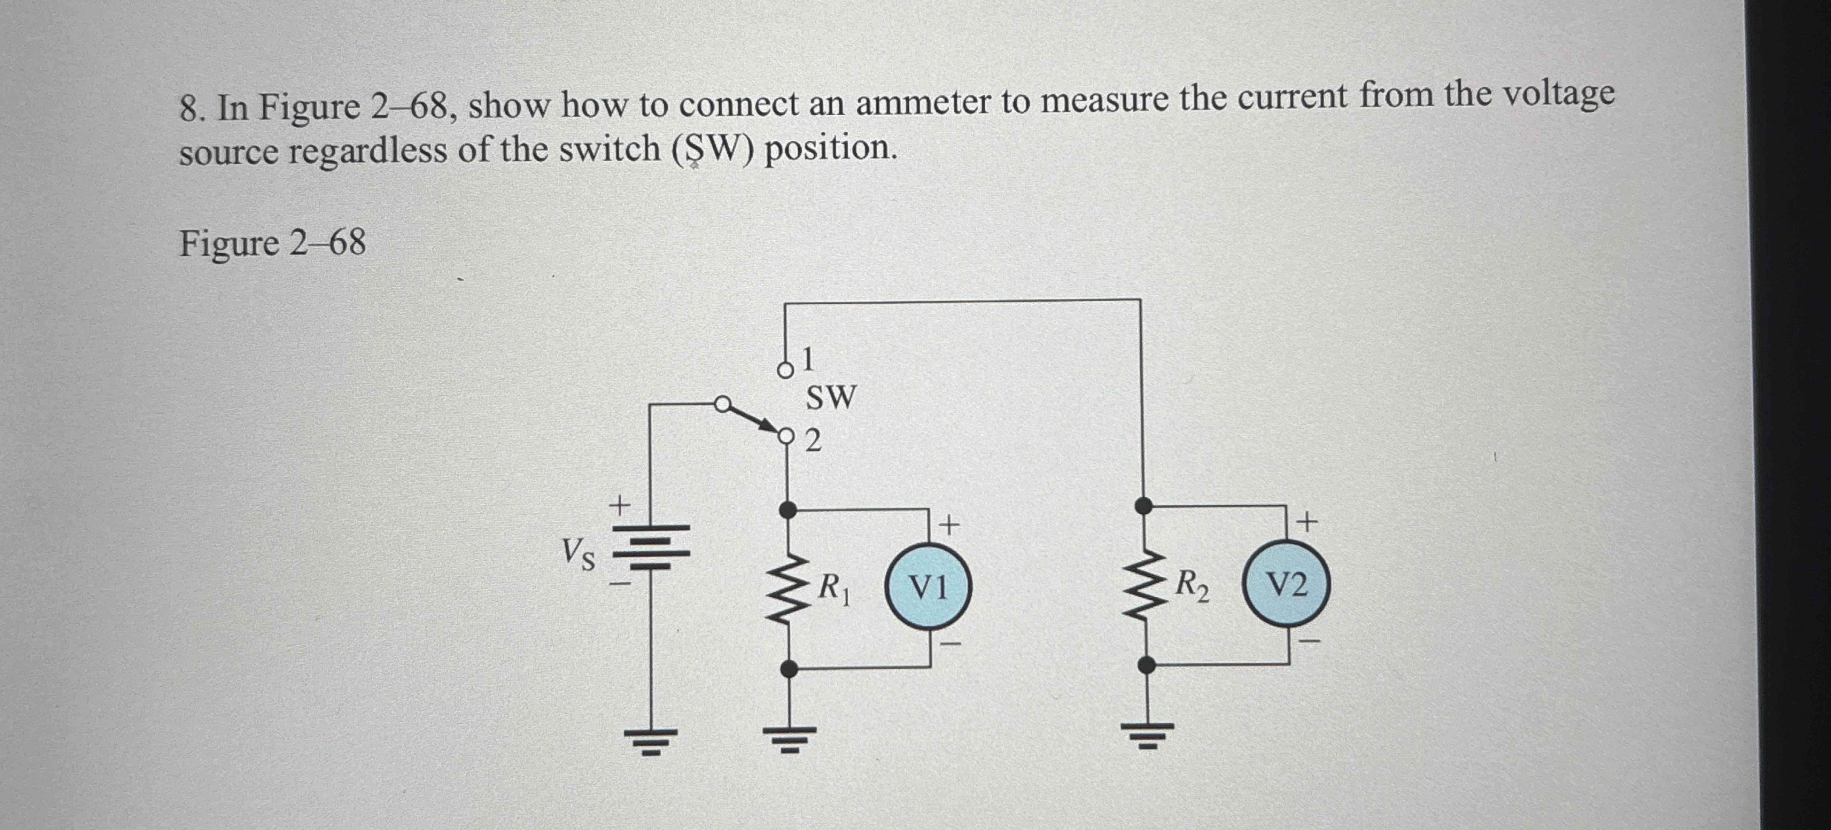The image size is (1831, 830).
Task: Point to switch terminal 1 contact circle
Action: [785, 370]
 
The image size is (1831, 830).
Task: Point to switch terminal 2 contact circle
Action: [786, 436]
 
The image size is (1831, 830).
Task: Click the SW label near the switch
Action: [831, 397]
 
